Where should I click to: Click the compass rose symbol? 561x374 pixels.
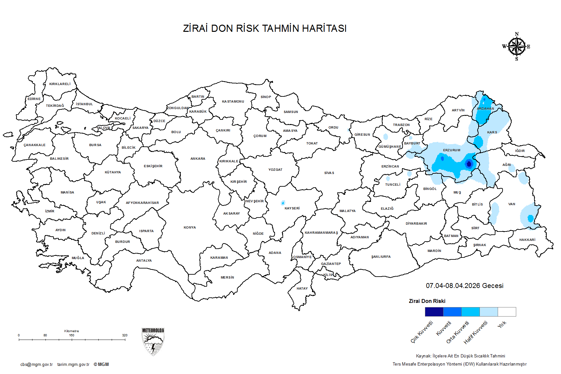coord(517,47)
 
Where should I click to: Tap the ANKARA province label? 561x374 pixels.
coord(198,159)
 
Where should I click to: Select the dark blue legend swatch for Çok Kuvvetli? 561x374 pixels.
coord(434,312)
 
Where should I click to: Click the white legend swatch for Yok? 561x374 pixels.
coord(507,312)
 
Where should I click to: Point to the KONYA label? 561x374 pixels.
coord(190,228)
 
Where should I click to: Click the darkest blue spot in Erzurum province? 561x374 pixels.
coord(468,164)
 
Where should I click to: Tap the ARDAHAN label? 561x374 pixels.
coord(485,109)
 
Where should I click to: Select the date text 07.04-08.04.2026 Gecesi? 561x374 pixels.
coord(465,286)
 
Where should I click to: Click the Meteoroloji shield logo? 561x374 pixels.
coord(153,342)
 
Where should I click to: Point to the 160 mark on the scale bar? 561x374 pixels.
coord(72,335)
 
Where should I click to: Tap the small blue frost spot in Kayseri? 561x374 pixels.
coord(283,203)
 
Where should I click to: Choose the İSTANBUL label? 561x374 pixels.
coord(84,104)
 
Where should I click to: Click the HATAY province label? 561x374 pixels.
coord(302,289)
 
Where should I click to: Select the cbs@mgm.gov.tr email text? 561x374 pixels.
coord(36,365)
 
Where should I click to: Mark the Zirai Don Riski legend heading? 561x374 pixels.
coord(427,301)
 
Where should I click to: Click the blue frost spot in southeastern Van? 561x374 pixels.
coord(530,218)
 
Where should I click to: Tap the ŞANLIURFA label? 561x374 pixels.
coord(381,257)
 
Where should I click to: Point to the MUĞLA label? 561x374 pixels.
coord(78,258)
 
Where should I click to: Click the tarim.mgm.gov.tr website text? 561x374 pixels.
coord(73,365)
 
